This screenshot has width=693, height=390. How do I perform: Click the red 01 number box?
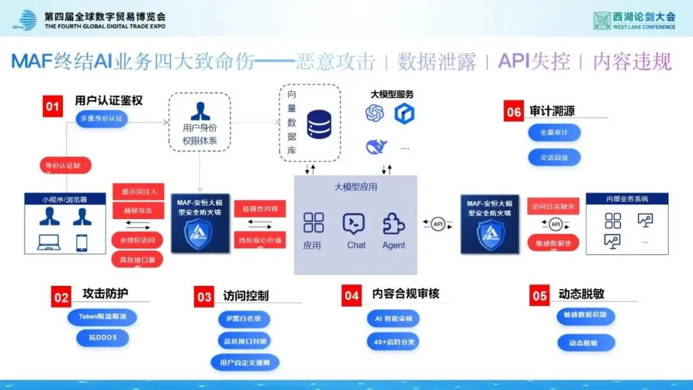click(52, 106)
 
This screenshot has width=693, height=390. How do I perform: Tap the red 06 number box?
click(513, 112)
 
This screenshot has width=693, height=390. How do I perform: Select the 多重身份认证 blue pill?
click(101, 119)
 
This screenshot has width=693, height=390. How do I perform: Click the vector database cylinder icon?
click(318, 124)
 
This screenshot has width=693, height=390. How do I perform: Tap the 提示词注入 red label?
click(139, 191)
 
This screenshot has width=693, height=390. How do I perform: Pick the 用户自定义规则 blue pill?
click(244, 362)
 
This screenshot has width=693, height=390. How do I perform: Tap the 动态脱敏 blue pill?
click(586, 342)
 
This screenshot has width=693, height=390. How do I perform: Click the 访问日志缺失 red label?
click(553, 207)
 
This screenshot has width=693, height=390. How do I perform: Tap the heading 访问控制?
click(246, 296)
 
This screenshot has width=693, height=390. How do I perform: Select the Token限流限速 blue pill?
click(102, 317)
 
